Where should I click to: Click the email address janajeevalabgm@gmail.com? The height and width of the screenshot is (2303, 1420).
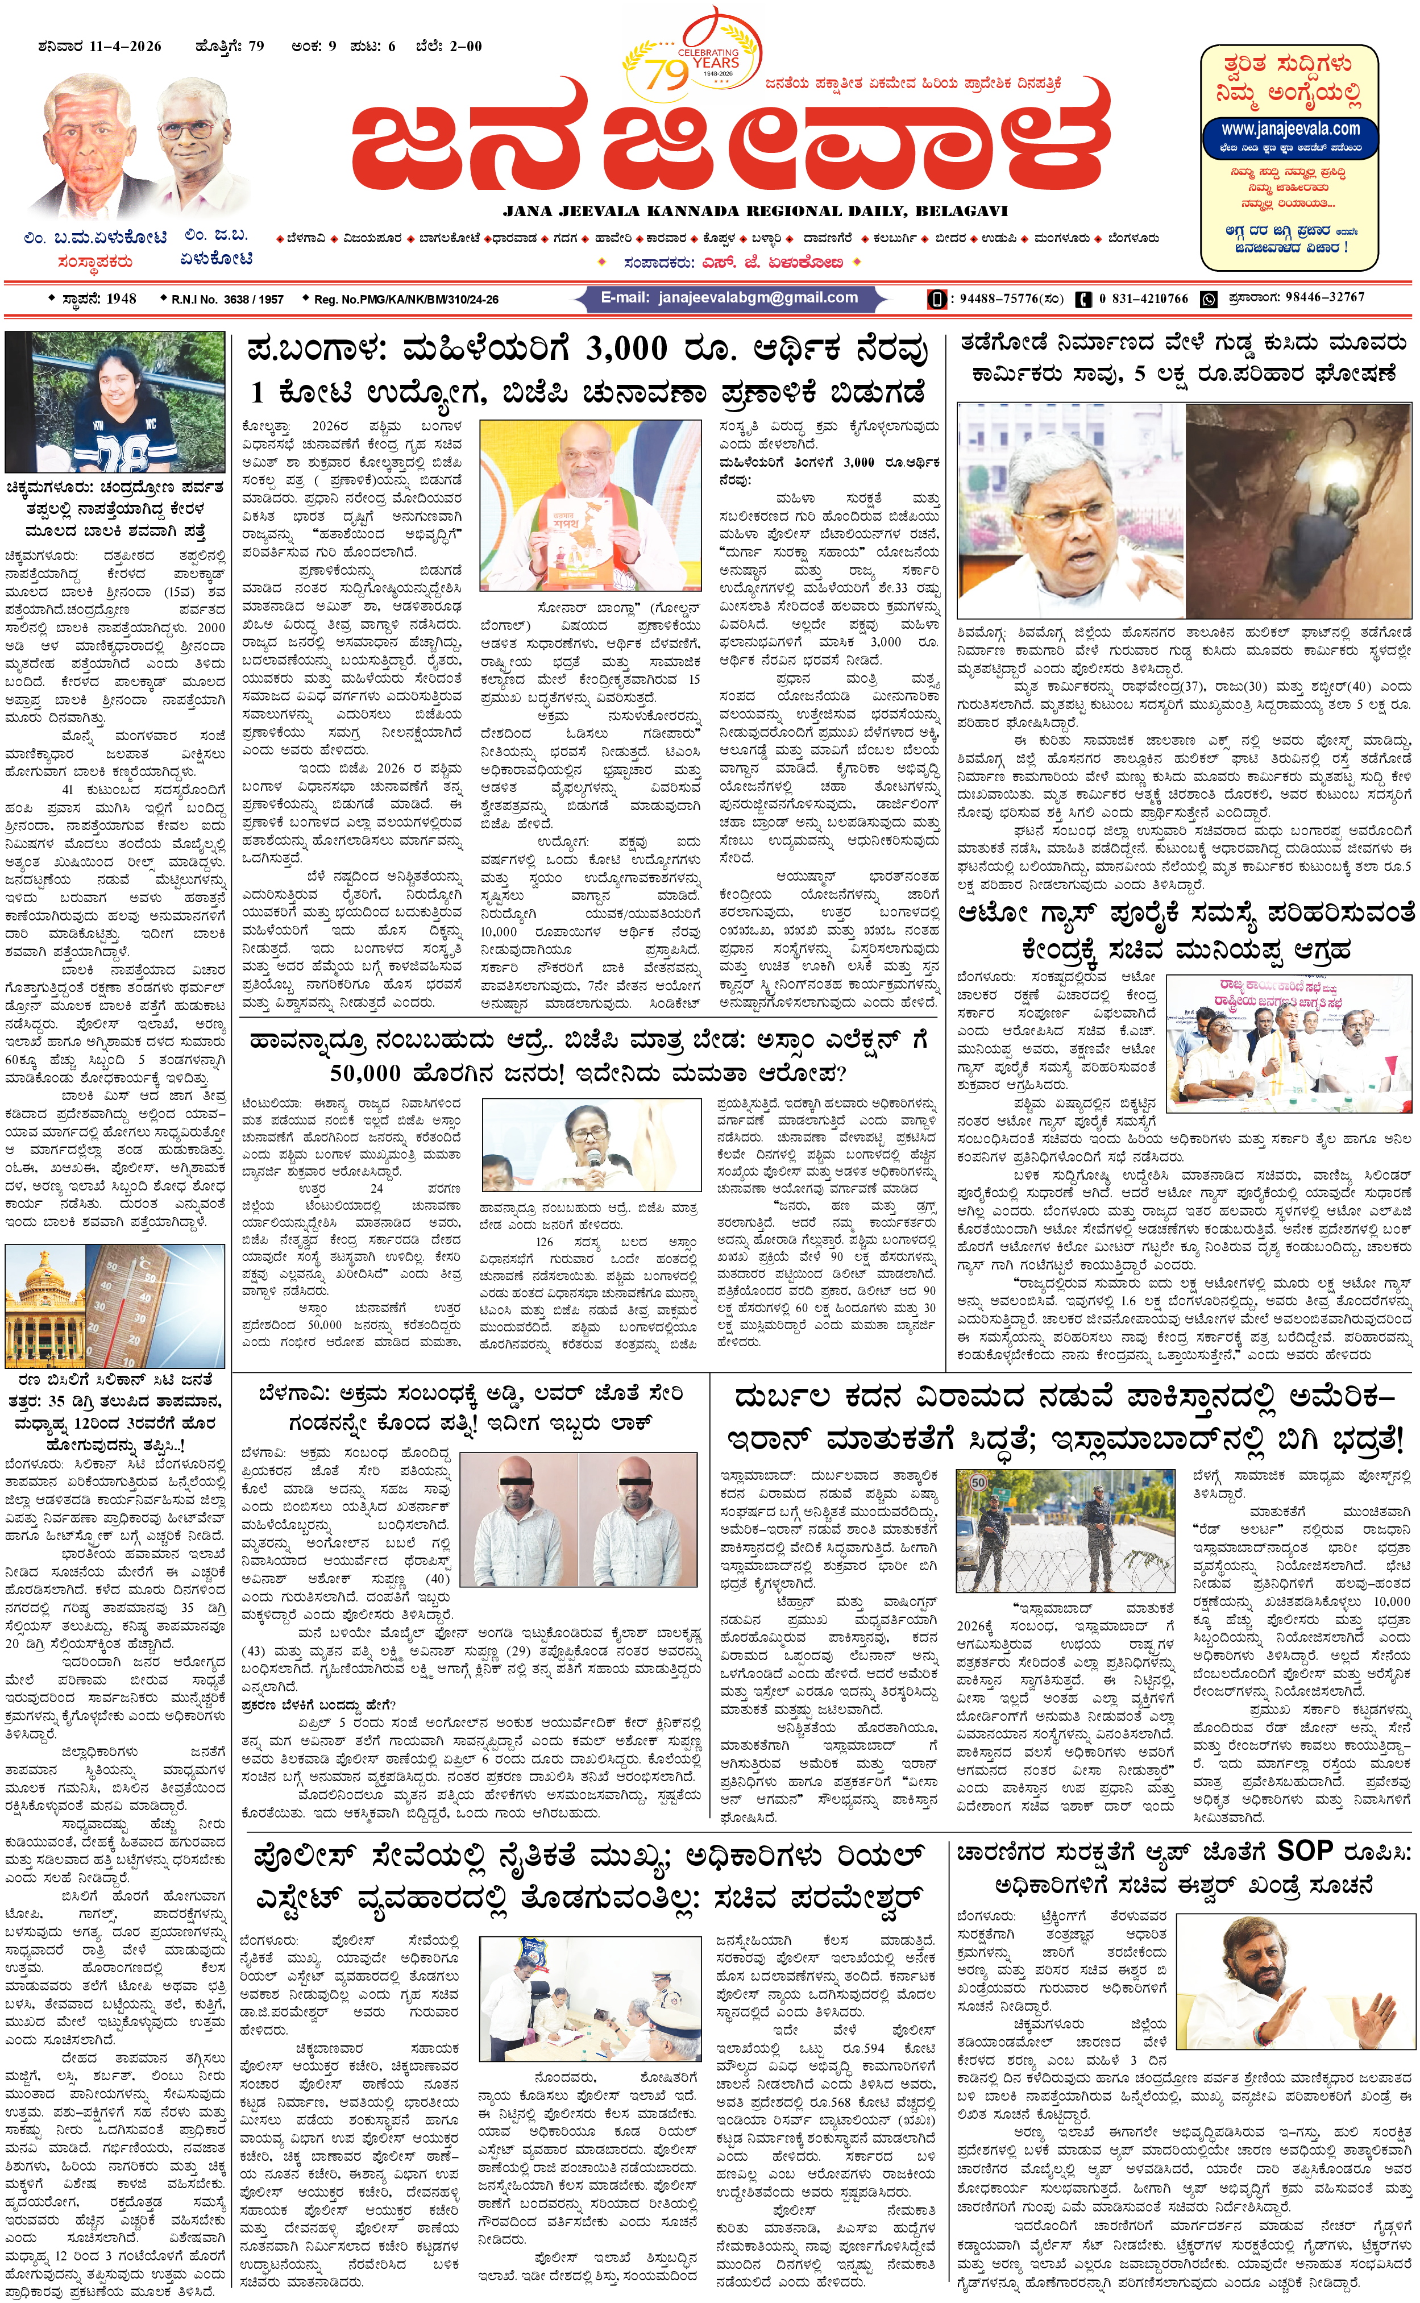click(x=757, y=298)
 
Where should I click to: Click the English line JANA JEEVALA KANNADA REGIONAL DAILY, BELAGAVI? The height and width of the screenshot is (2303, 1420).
click(x=755, y=211)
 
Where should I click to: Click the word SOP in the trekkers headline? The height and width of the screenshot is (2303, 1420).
click(x=1305, y=1851)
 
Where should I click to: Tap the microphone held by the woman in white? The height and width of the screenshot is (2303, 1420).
click(x=593, y=1156)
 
